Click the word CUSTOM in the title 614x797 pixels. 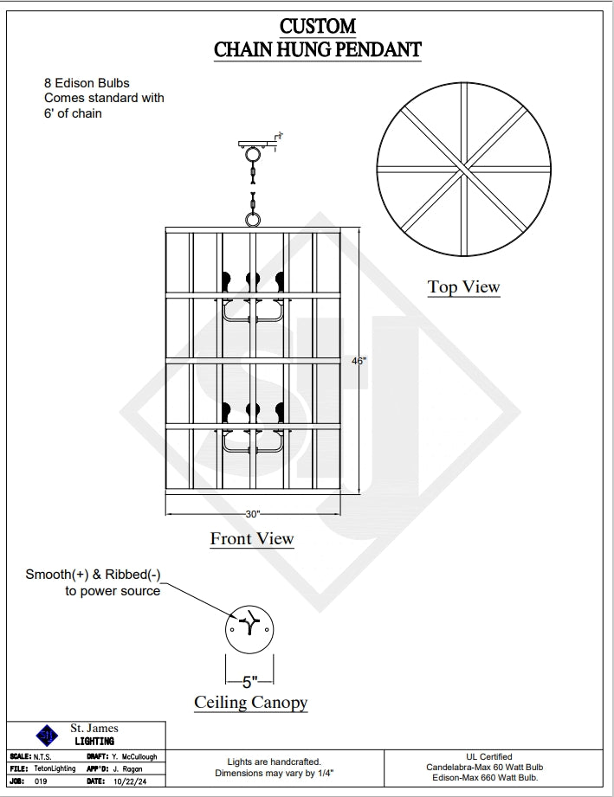pyautogui.click(x=318, y=26)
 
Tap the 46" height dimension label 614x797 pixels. pyautogui.click(x=359, y=362)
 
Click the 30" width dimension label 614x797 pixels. pyautogui.click(x=252, y=513)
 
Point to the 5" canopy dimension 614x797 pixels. pyautogui.click(x=250, y=681)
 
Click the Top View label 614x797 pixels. pyautogui.click(x=463, y=287)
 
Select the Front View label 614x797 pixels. pyautogui.click(x=252, y=539)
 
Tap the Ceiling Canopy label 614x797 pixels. pyautogui.click(x=250, y=702)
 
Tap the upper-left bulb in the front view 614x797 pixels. pyautogui.click(x=227, y=280)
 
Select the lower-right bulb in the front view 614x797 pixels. pyautogui.click(x=280, y=409)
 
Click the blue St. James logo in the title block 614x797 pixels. pyautogui.click(x=44, y=736)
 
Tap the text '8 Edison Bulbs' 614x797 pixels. pyautogui.click(x=87, y=83)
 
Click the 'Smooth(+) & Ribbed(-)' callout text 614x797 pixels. pyautogui.click(x=93, y=575)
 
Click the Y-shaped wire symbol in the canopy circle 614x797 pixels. pyautogui.click(x=249, y=622)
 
